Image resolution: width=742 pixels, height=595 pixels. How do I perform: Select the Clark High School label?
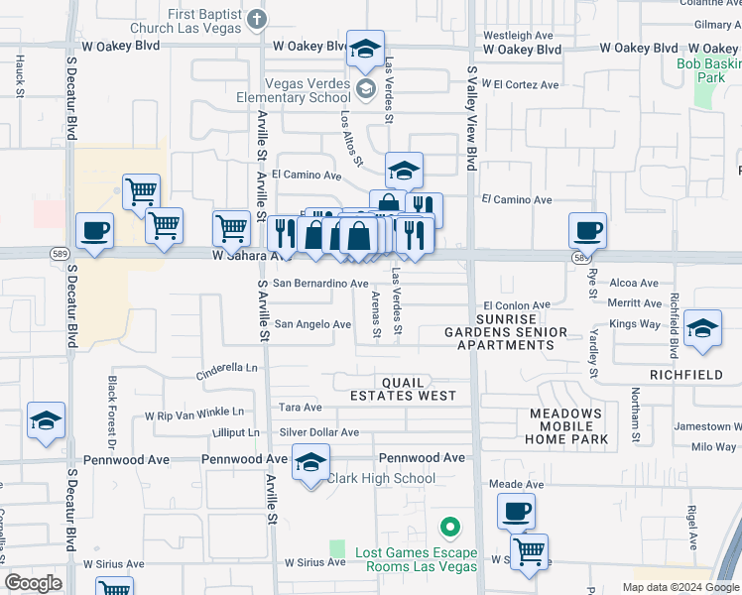pos(381,478)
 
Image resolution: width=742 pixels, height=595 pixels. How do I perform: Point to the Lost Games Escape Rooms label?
pos(403,559)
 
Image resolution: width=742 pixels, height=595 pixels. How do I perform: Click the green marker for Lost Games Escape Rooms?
pos(449,526)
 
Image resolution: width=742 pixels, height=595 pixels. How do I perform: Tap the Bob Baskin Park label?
pos(708,70)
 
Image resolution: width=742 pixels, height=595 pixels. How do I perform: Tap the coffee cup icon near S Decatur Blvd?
pos(95,231)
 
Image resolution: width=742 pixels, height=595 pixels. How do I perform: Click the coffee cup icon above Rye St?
pos(587,230)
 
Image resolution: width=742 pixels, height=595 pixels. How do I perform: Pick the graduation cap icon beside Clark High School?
pos(310,462)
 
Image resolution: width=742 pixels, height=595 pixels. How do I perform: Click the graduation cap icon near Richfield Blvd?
pos(702,328)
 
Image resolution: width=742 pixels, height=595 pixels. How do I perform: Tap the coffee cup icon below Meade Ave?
pos(516,512)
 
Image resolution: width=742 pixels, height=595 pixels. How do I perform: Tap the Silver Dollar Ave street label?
pos(318,432)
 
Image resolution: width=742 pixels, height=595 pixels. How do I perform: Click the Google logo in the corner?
pos(34,583)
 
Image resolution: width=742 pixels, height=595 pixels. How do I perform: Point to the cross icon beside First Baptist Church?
pos(257,19)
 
